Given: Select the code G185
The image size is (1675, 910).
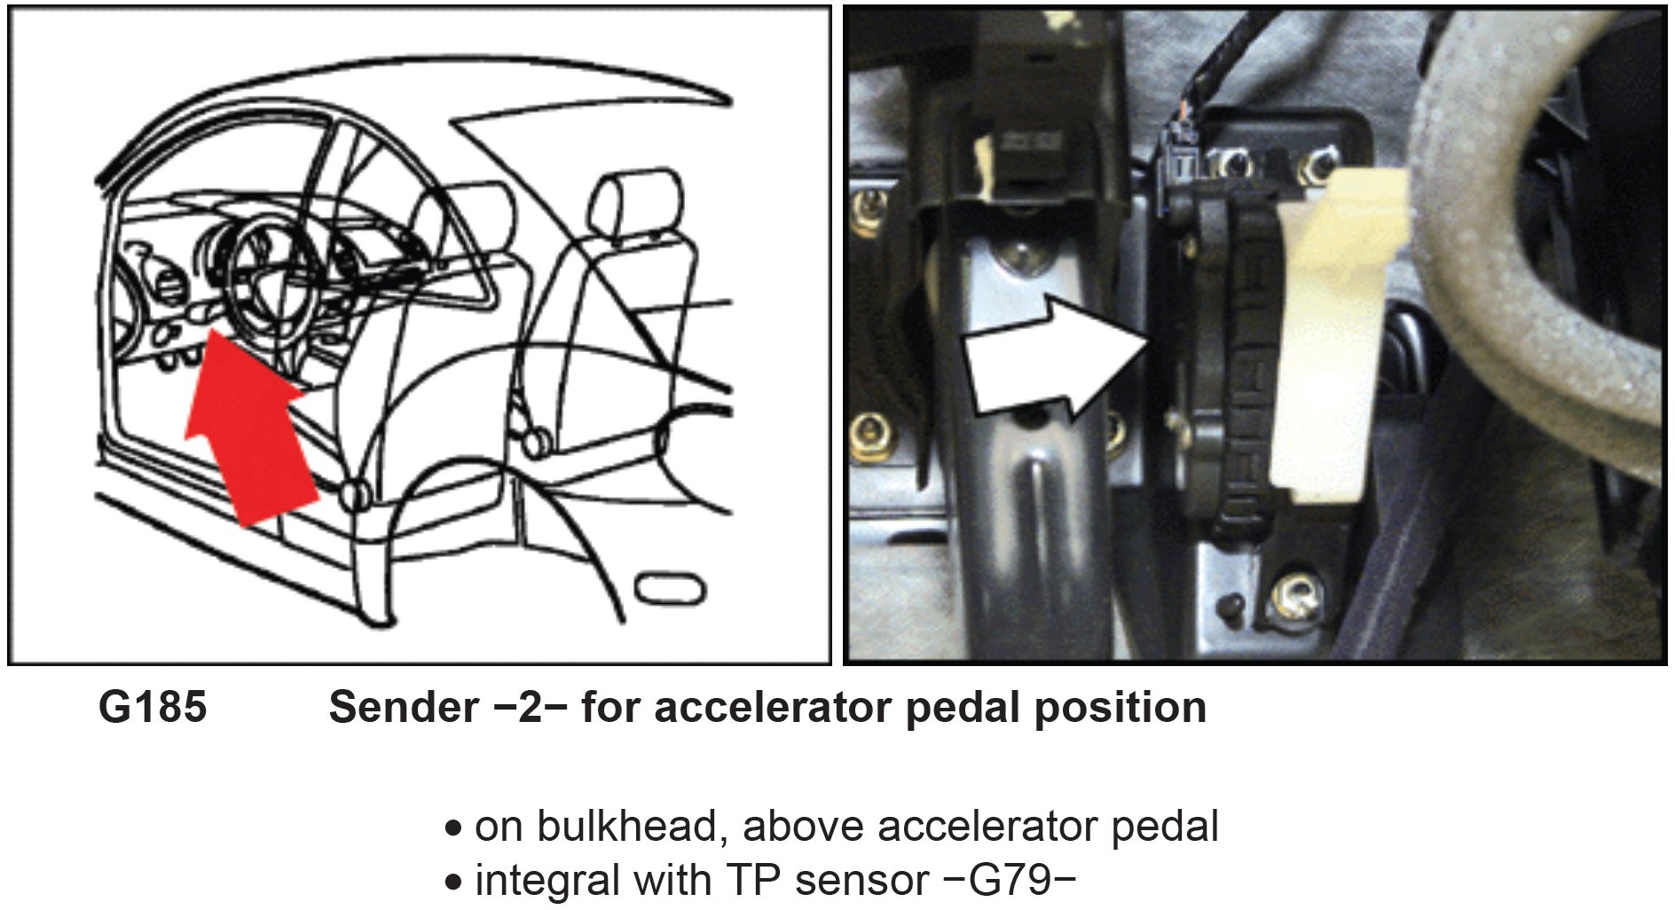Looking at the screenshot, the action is [153, 708].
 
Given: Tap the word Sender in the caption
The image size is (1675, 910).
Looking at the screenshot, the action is [404, 708].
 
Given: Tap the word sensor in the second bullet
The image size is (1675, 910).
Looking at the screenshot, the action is [859, 880].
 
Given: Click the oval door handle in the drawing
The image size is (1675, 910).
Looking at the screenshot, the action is [671, 588].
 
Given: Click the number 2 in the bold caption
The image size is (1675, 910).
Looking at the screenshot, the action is [530, 708].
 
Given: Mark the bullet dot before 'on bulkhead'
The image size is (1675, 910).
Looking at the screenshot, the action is [454, 829].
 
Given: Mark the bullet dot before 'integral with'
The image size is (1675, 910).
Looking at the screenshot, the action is [454, 883].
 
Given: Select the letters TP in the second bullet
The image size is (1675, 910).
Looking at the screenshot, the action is [753, 880].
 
